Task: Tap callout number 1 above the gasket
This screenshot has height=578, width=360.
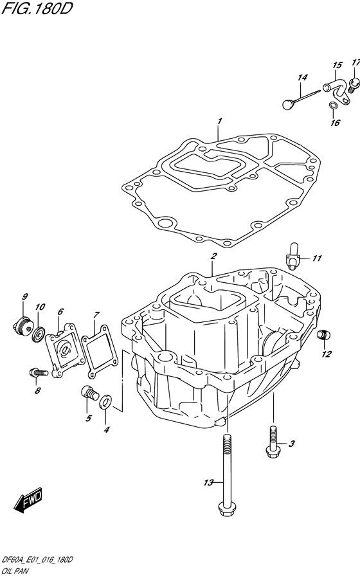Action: [x=219, y=121]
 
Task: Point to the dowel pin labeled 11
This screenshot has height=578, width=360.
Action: [x=292, y=253]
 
